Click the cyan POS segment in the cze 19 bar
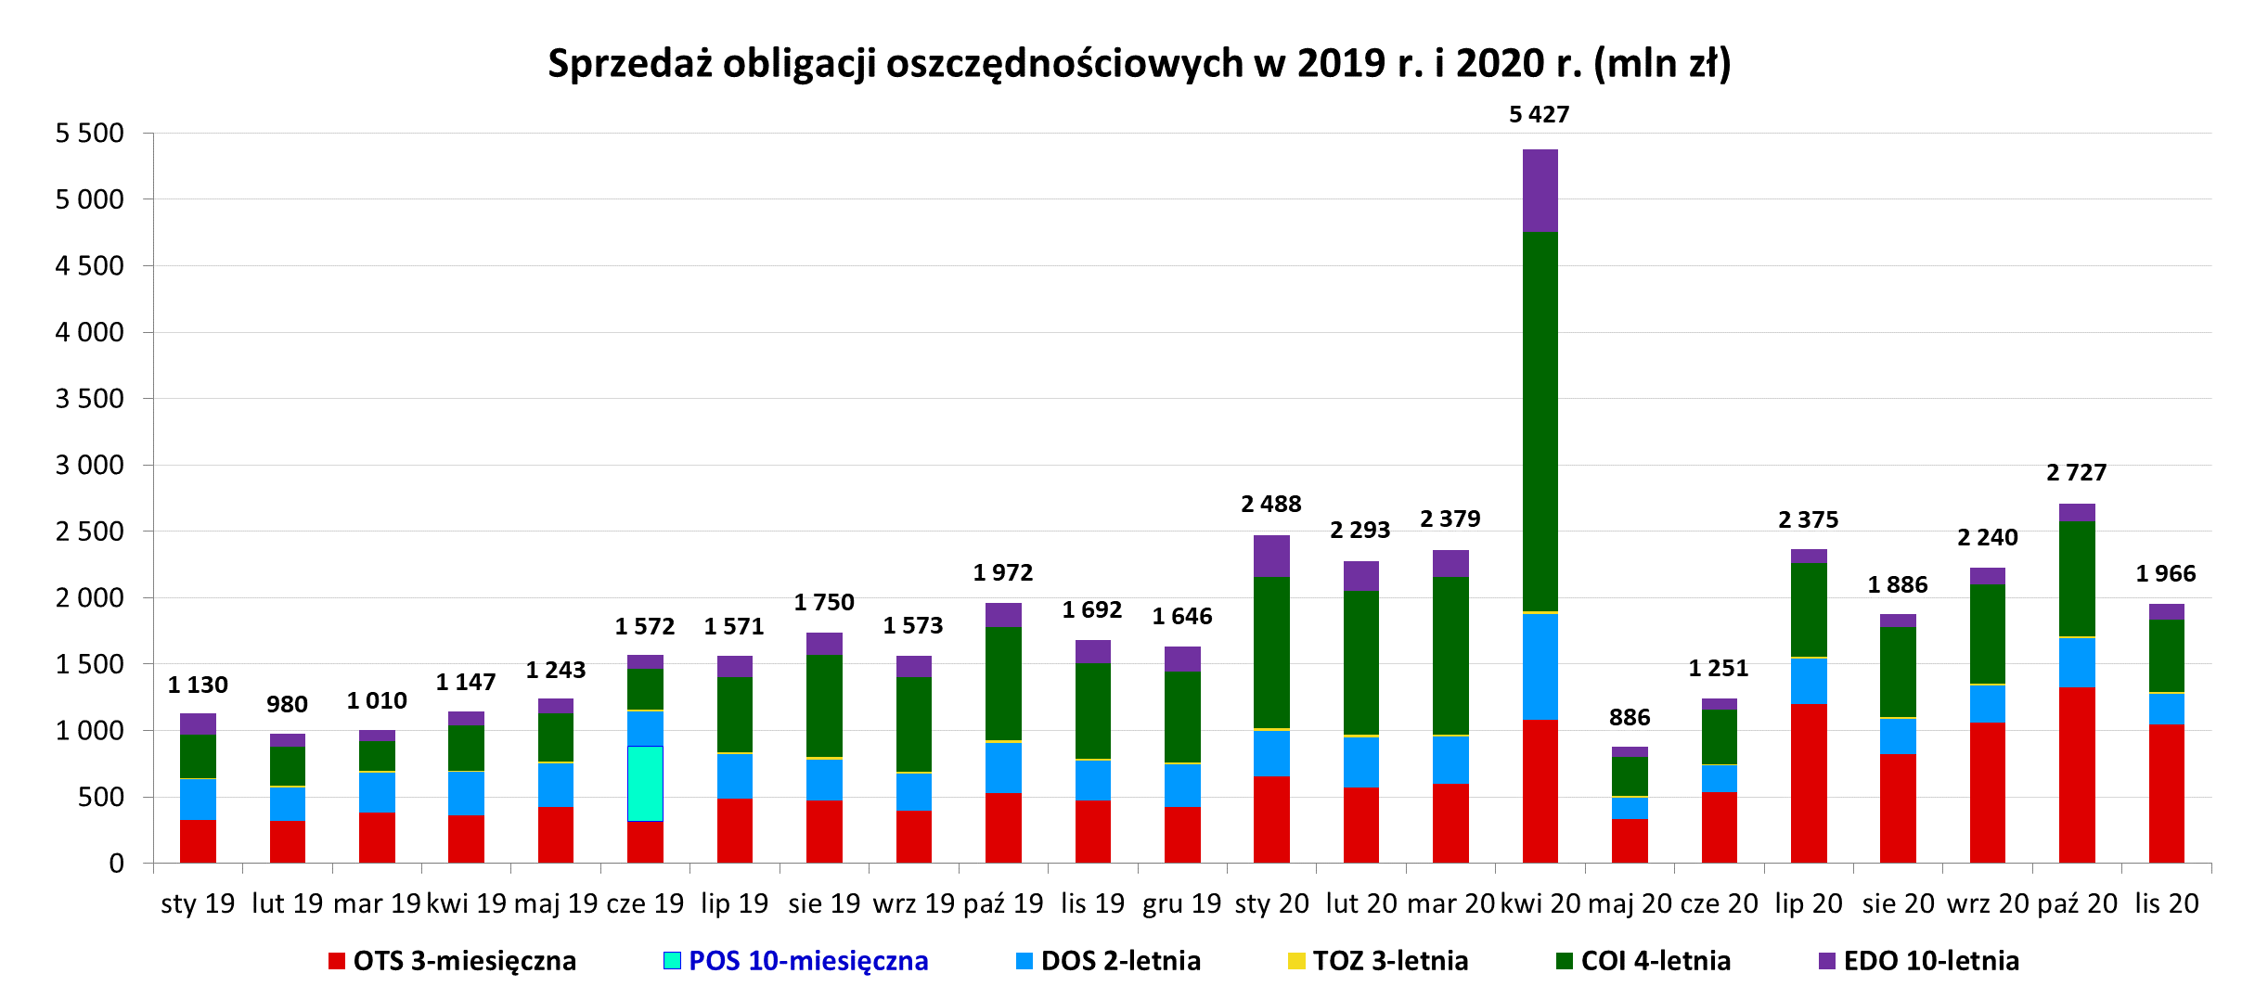645,783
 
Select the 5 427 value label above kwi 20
1539,114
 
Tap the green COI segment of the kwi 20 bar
1540,422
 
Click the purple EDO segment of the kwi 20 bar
1540,190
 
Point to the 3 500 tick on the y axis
89,399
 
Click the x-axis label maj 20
1630,903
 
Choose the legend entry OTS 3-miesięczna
464,961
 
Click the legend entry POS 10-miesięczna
807,961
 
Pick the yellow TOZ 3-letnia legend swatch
1296,961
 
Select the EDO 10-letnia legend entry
1930,961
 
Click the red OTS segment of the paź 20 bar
2077,775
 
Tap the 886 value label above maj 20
1630,717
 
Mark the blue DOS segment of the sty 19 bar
198,799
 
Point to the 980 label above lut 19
287,704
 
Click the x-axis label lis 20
2167,903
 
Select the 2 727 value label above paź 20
2077,472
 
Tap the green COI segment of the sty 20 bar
1271,652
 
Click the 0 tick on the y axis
116,864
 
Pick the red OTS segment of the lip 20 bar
1809,784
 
